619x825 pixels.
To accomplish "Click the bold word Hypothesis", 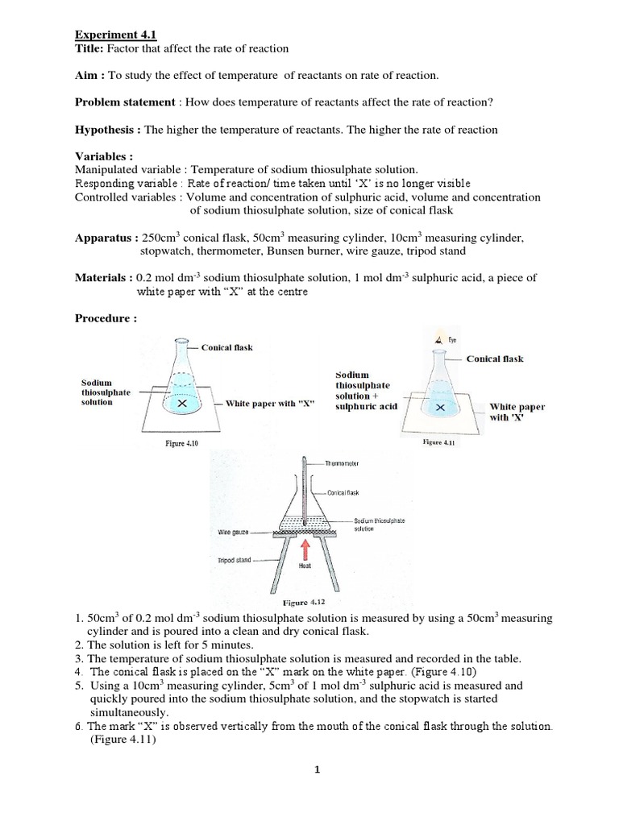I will (x=106, y=130).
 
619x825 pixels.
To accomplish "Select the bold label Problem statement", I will (x=124, y=102).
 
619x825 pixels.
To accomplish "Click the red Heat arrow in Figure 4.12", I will (x=305, y=549).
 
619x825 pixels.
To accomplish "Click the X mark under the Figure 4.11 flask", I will (x=440, y=408).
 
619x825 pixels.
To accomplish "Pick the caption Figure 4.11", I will (x=439, y=442).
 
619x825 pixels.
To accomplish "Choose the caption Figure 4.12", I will (x=302, y=602).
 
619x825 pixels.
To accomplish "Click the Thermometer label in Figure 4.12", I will (x=343, y=464).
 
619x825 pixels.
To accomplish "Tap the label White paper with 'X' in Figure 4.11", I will (x=517, y=412).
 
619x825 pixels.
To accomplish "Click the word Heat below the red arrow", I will (x=305, y=566).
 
